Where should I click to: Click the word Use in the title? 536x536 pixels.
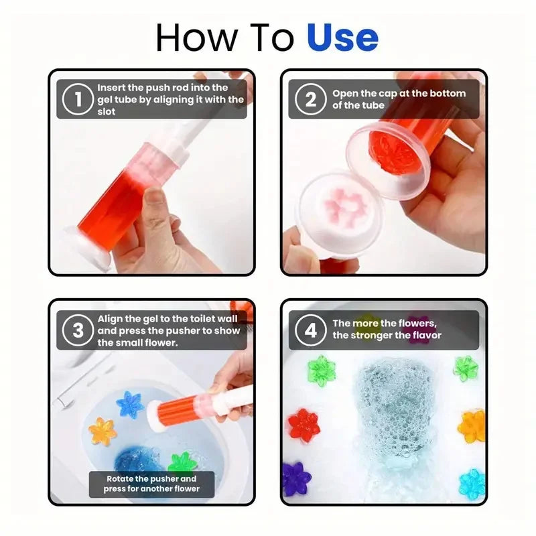tap(342, 38)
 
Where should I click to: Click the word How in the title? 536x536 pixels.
tap(189, 38)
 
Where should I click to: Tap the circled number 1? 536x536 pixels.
tap(78, 99)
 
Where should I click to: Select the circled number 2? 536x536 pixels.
tap(310, 99)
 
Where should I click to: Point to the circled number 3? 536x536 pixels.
tap(78, 330)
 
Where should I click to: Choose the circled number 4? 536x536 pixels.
tap(310, 330)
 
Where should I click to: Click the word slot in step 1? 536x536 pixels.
tap(107, 111)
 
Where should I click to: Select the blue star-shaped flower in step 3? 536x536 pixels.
tap(130, 405)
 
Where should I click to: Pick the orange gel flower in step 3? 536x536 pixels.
tap(103, 431)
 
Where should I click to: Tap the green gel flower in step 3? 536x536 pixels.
tap(182, 463)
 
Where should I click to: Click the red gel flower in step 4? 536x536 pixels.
tap(303, 424)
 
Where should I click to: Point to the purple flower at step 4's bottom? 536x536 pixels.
tap(296, 478)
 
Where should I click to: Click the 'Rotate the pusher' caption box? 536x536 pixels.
tap(151, 483)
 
